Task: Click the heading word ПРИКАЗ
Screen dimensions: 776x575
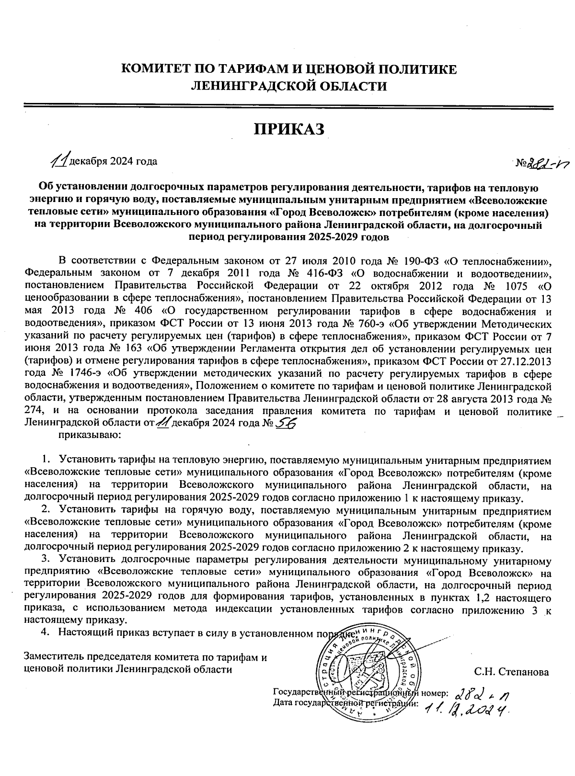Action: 289,128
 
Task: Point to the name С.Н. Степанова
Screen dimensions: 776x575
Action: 511,672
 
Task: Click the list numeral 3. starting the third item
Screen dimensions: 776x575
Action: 45,559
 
